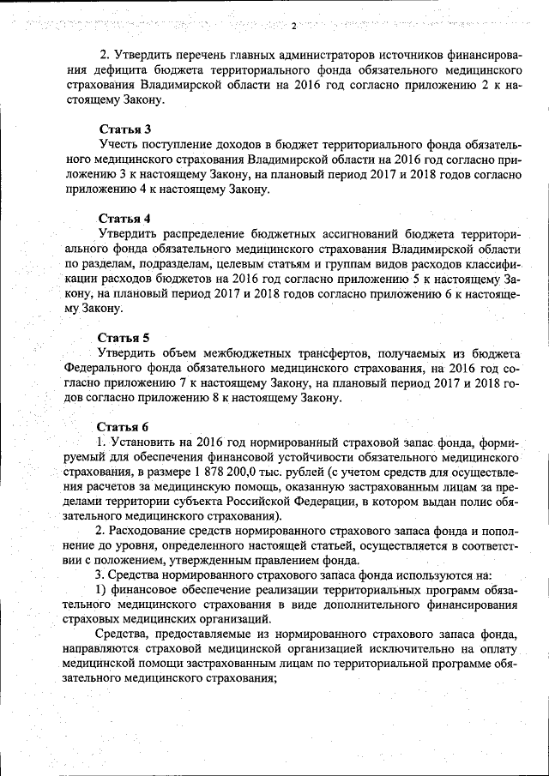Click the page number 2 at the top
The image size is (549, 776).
[293, 25]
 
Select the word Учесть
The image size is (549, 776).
[118, 144]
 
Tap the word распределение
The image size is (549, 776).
[207, 233]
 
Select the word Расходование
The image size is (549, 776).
[152, 531]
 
